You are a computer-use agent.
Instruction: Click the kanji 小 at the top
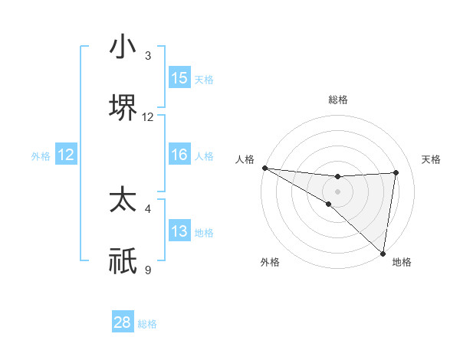click(122, 47)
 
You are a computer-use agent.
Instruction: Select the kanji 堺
click(122, 106)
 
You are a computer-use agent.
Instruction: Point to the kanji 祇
click(122, 260)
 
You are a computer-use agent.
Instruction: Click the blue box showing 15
click(179, 78)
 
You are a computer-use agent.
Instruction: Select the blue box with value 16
click(179, 155)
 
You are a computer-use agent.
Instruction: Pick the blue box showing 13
click(179, 231)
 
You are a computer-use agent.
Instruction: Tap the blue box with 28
click(123, 322)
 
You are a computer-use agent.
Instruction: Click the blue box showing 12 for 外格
click(66, 155)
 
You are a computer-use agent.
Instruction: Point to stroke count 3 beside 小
click(148, 56)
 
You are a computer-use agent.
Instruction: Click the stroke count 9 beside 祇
click(148, 269)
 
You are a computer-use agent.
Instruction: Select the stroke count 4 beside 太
click(148, 208)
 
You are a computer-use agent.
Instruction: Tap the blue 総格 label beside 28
click(147, 324)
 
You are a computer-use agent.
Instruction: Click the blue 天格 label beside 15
click(204, 80)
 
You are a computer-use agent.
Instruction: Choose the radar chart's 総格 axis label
click(338, 100)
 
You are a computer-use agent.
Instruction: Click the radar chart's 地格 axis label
click(402, 262)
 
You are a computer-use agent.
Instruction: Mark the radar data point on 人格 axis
click(264, 167)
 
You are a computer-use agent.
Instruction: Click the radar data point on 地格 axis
click(383, 253)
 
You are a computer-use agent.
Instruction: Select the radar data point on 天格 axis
click(396, 172)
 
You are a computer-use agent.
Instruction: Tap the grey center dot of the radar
click(338, 191)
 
